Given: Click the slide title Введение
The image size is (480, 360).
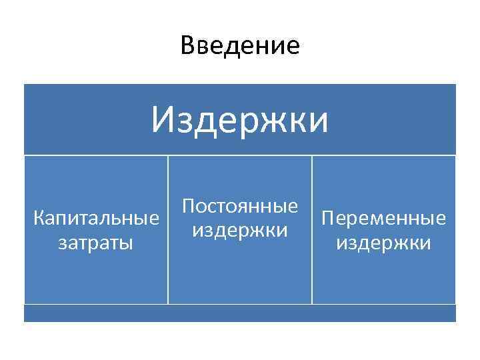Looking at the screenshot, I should (x=240, y=46).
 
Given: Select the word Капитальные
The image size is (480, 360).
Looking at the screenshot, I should (x=96, y=218).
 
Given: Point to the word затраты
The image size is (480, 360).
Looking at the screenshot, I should (x=96, y=242).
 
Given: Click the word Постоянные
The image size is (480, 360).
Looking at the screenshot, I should (x=240, y=206).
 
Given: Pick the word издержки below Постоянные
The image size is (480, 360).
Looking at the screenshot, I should (x=240, y=230).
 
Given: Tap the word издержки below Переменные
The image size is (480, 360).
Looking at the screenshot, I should (x=383, y=242).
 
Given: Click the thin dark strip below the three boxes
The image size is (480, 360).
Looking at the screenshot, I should (x=240, y=313).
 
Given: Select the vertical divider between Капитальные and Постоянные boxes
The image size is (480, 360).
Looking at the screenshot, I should (x=167, y=230).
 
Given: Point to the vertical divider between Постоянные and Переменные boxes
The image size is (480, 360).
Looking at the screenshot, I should (x=311, y=230).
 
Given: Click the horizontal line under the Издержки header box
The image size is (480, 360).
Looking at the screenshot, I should (x=240, y=155).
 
